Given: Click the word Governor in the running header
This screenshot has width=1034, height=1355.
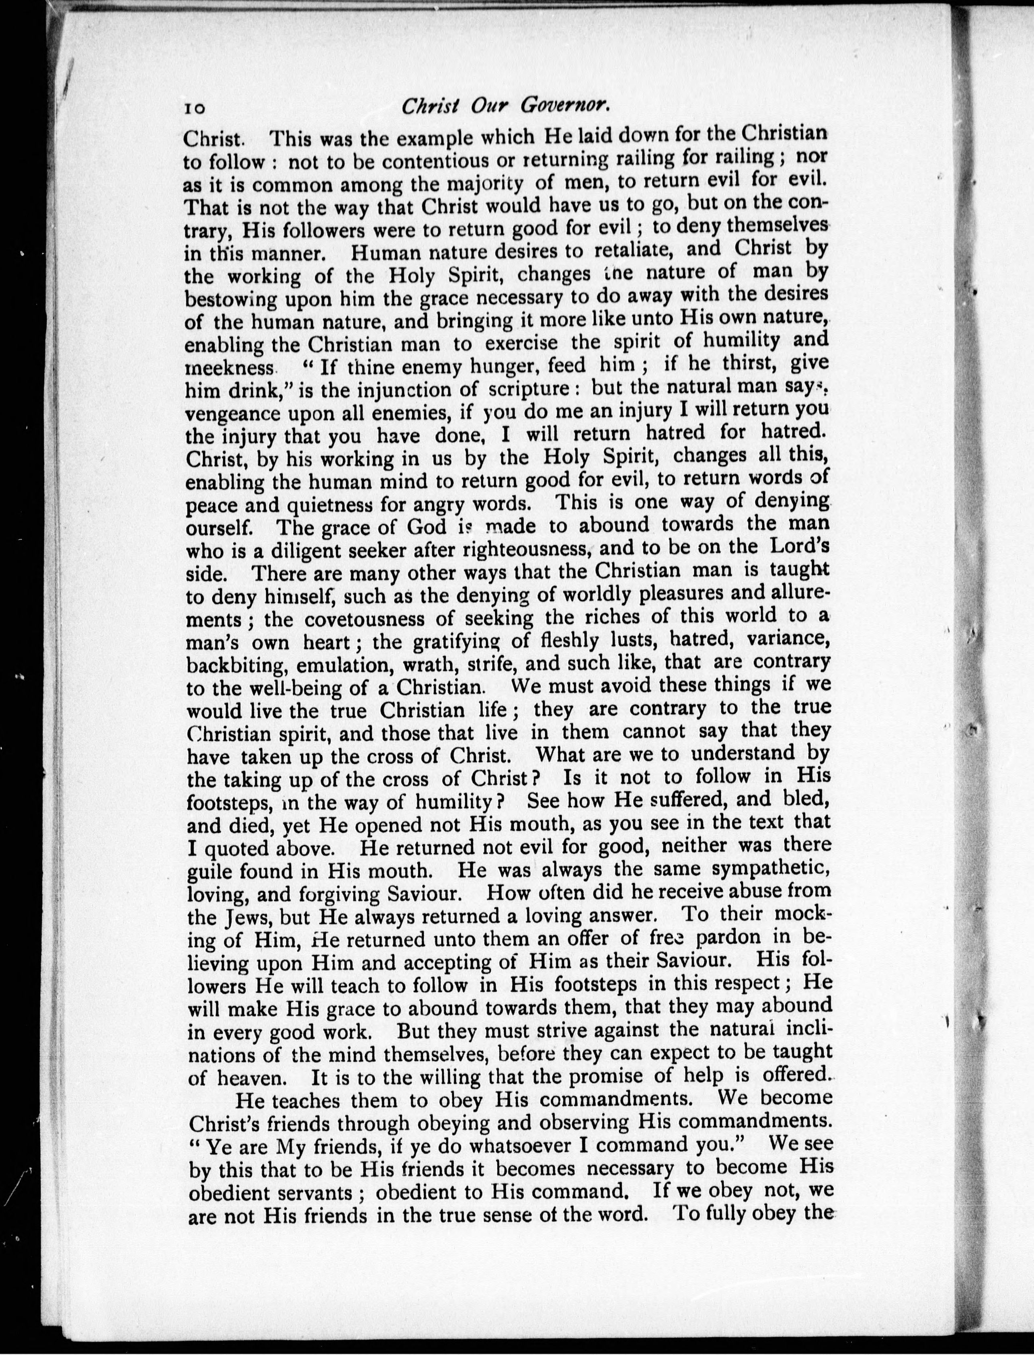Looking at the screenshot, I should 565,105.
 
